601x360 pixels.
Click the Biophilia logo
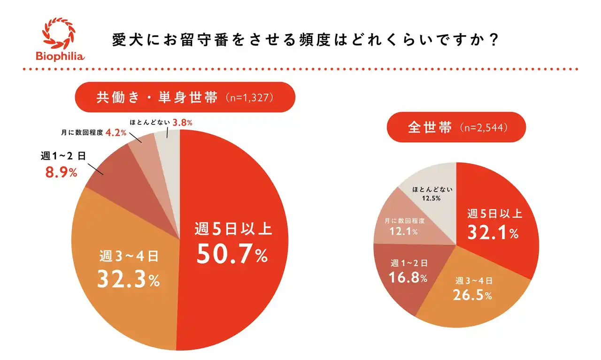pyautogui.click(x=60, y=39)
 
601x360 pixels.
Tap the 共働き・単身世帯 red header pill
pyautogui.click(x=185, y=97)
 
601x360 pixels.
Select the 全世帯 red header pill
pyautogui.click(x=455, y=127)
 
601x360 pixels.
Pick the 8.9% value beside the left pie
pyautogui.click(x=61, y=172)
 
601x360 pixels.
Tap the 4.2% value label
pyautogui.click(x=116, y=132)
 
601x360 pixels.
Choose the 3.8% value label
pyautogui.click(x=183, y=123)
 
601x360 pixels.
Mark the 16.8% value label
pyautogui.click(x=408, y=277)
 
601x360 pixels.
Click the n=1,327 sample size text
pyautogui.click(x=249, y=98)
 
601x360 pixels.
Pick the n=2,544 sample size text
pyautogui.click(x=484, y=128)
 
